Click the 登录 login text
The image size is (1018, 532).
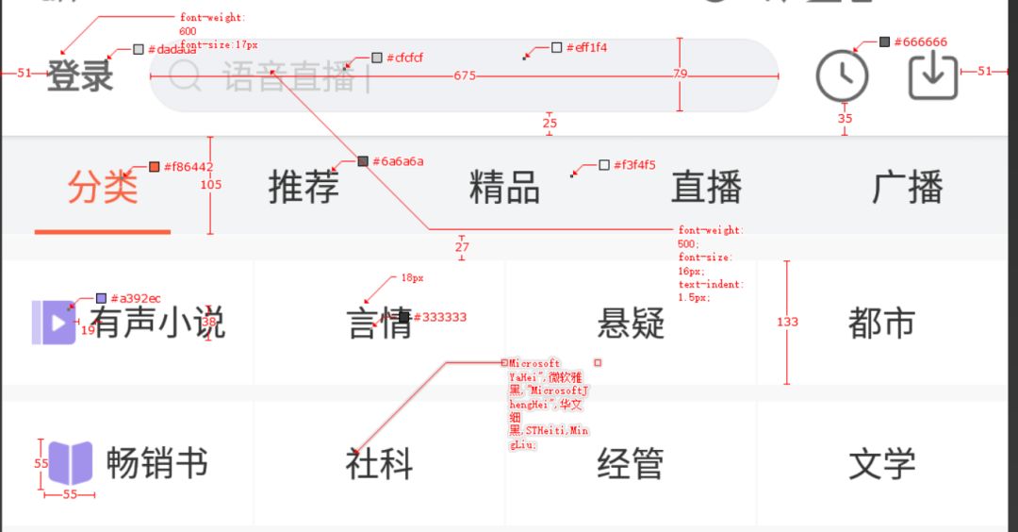80,75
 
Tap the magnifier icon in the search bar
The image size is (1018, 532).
185,75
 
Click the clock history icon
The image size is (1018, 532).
842,75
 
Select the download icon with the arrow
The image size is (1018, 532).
932,75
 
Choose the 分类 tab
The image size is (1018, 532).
102,187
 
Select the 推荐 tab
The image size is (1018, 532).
304,187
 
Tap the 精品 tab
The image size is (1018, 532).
504,187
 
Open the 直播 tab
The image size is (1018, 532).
706,187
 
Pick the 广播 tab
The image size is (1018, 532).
907,187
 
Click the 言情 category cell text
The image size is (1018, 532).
379,323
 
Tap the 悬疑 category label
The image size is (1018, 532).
631,323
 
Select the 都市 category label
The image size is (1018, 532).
881,323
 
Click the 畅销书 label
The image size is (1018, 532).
156,463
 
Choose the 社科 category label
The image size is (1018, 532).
379,463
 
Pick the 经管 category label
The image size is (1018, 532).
631,463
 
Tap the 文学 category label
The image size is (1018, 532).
881,463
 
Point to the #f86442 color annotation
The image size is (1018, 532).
188,167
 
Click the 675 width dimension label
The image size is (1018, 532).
465,75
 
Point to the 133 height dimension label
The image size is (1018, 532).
787,322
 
